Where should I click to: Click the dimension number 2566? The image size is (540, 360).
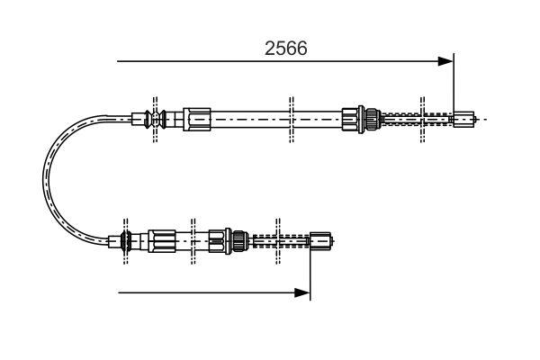(285, 49)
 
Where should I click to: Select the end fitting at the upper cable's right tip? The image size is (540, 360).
(463, 118)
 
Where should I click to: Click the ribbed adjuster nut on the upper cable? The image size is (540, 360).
(365, 118)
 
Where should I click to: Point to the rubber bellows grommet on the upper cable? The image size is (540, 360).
(159, 117)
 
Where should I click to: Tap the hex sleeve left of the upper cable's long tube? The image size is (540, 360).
(196, 117)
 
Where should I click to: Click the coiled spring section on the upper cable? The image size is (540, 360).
(414, 118)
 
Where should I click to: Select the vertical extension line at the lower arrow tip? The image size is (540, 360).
(310, 270)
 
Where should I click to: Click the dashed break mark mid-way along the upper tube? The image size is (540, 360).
(291, 118)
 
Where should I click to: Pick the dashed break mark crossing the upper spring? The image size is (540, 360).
(423, 118)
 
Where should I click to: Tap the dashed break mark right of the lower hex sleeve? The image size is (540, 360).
(192, 240)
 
